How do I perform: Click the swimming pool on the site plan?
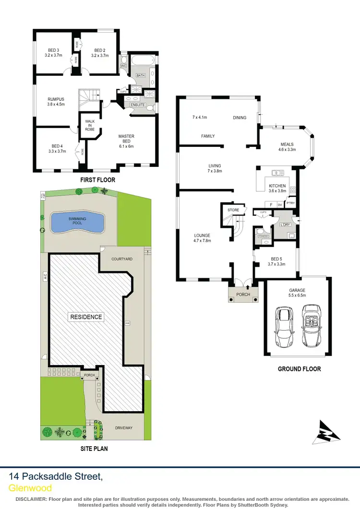click(x=77, y=222)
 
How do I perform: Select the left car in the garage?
click(x=284, y=328)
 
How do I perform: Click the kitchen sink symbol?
click(x=277, y=172)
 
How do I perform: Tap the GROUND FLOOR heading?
click(x=299, y=369)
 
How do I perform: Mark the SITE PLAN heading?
click(x=94, y=449)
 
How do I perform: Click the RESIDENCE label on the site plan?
click(x=86, y=317)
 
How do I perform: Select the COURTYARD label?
click(x=122, y=259)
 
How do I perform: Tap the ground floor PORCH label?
click(x=243, y=294)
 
